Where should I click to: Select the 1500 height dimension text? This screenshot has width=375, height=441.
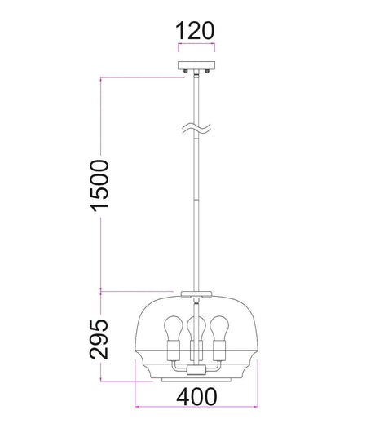[99, 185]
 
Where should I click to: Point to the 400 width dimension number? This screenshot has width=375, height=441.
[196, 397]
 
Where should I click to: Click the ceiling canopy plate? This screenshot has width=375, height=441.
[196, 64]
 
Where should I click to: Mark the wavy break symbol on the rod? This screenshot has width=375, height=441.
[196, 128]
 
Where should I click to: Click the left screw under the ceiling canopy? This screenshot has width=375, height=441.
[187, 74]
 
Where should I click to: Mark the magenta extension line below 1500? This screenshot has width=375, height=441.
[135, 291]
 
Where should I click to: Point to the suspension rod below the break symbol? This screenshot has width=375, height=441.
[196, 212]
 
